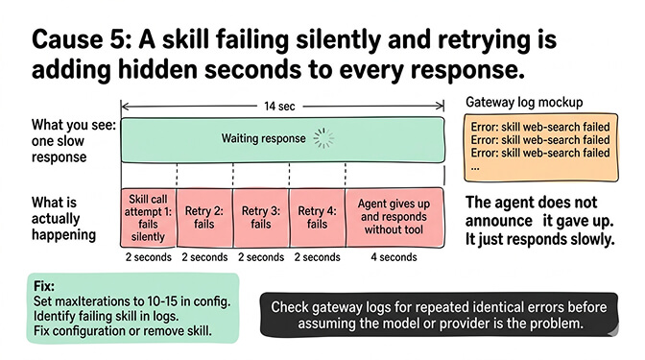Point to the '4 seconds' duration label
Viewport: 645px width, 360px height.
[x=394, y=257]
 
